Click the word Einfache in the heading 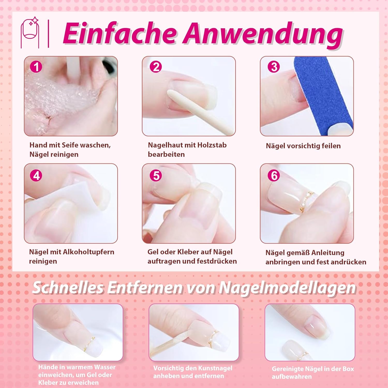pos(120,34)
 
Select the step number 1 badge pos(36,67)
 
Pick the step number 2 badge pos(156,67)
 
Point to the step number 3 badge pos(274,67)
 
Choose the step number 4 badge pos(36,176)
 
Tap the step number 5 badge pos(156,176)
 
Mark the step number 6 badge pos(274,176)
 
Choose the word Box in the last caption pos(348,369)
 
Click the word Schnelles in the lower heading pos(68,288)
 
